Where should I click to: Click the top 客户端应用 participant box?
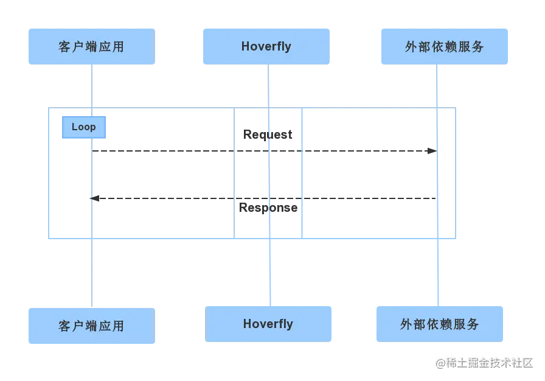[x=90, y=46]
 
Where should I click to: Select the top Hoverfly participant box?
[x=266, y=46]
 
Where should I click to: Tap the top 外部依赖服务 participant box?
[x=444, y=46]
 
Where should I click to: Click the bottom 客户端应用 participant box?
[x=90, y=326]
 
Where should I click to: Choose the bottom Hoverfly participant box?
[x=268, y=324]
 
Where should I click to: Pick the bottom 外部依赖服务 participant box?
[x=440, y=324]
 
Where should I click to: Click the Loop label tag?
[x=83, y=127]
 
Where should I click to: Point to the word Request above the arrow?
[x=268, y=135]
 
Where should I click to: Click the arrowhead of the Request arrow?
[x=434, y=150]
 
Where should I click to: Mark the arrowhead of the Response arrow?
[x=91, y=197]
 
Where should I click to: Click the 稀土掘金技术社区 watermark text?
[x=490, y=362]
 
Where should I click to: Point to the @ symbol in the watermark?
[x=440, y=362]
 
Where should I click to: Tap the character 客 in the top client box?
[x=65, y=47]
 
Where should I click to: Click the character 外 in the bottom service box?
[x=406, y=324]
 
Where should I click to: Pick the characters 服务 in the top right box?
[x=470, y=47]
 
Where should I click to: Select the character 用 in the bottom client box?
[x=118, y=326]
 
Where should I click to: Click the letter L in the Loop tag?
[x=74, y=127]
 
